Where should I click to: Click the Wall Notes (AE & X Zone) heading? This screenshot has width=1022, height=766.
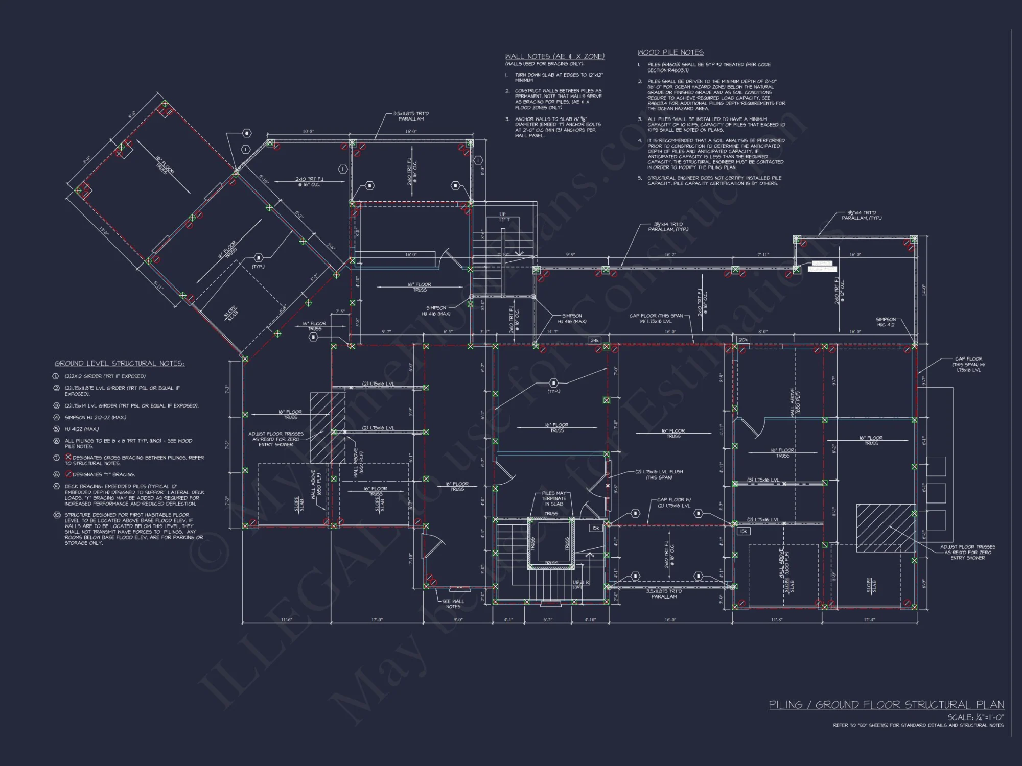coord(554,57)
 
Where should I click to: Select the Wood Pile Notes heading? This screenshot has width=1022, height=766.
coord(670,53)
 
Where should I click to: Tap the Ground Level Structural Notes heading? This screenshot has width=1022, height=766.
coord(120,364)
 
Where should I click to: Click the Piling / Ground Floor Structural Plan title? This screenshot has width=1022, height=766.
coord(886,705)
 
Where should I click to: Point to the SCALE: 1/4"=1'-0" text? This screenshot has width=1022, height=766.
coord(975,717)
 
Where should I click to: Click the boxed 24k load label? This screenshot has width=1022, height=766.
coord(594,340)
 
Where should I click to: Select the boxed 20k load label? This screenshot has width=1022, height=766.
coord(743,340)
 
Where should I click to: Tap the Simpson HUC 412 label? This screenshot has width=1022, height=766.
coord(886,322)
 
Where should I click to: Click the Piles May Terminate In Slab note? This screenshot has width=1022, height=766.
coord(554,498)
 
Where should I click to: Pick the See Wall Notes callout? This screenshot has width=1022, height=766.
coord(453,604)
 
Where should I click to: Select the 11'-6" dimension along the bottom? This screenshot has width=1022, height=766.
coord(286,620)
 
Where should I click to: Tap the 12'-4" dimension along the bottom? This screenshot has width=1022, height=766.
coord(869,620)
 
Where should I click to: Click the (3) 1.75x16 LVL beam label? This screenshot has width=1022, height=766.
coord(763,480)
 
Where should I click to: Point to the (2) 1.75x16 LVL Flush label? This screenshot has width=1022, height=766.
coord(659,474)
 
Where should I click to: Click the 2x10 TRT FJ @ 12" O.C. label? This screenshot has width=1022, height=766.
coord(839,291)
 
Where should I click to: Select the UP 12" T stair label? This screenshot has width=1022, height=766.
coord(503,217)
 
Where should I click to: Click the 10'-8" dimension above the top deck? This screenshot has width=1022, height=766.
coord(308,132)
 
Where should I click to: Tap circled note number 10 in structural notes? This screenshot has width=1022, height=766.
coord(57,515)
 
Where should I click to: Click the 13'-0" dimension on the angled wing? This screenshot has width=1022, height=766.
coord(104,232)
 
